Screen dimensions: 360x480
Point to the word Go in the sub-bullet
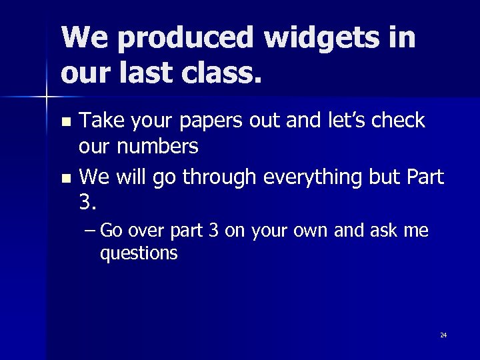click(113, 231)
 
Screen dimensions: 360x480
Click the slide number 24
click(443, 335)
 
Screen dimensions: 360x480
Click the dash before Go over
click(91, 231)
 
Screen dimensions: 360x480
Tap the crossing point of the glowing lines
click(46, 97)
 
